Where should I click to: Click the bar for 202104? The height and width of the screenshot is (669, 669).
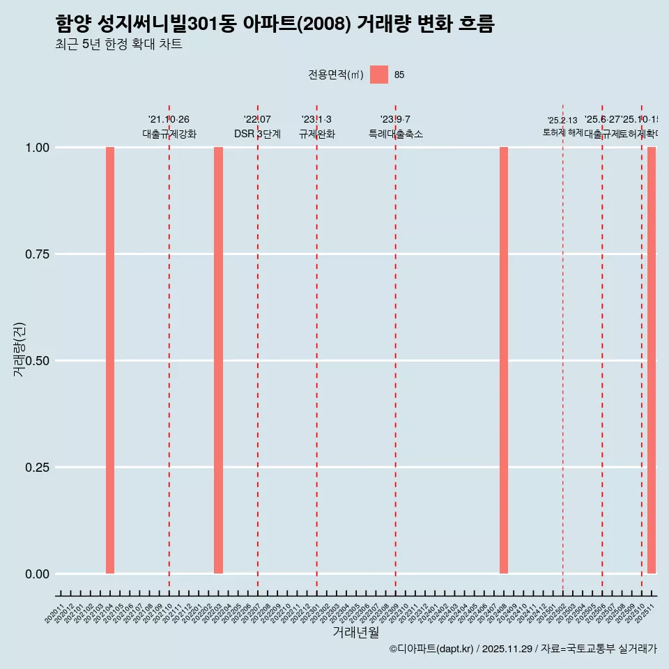[x=110, y=360]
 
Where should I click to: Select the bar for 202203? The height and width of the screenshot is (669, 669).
[x=218, y=360]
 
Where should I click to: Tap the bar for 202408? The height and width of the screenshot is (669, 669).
[x=504, y=360]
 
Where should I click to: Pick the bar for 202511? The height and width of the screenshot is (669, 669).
[x=652, y=360]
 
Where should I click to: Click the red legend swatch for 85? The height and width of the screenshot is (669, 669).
[x=379, y=75]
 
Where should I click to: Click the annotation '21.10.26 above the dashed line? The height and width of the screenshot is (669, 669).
[x=169, y=119]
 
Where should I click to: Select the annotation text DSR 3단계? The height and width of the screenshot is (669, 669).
[x=257, y=134]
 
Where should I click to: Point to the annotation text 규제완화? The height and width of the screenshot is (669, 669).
[x=317, y=134]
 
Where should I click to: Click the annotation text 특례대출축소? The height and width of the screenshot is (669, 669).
[x=396, y=134]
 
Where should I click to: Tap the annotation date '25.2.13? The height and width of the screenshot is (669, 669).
[x=562, y=121]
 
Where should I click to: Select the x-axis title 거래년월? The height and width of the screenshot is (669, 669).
[x=355, y=633]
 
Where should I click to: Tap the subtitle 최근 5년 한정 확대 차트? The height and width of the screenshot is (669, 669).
[x=118, y=45]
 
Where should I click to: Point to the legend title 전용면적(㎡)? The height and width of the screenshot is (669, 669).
[x=336, y=75]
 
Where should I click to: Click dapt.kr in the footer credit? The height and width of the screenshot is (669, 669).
[x=456, y=649]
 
